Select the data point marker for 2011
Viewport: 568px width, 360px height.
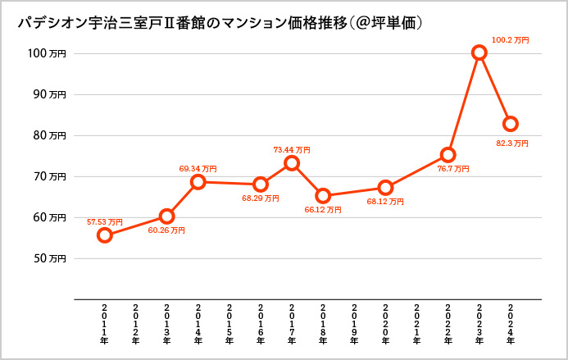105,235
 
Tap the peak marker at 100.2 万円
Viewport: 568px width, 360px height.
479,52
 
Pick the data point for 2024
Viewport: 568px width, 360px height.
511,124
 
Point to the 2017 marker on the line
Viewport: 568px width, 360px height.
292,163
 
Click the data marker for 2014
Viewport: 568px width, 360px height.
198,181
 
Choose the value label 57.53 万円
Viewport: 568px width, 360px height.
105,222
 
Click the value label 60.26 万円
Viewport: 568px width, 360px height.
166,230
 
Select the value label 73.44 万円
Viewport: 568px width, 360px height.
292,150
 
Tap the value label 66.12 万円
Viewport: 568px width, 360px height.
323,210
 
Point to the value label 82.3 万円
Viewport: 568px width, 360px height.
511,143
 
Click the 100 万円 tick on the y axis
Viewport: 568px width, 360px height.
45,53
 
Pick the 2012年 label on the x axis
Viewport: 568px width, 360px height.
135,324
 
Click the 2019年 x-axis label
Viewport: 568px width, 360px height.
354,324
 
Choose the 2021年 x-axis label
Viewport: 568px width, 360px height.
416,324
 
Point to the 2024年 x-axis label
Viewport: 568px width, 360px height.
510,324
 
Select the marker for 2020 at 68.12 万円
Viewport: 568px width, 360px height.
385,188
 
